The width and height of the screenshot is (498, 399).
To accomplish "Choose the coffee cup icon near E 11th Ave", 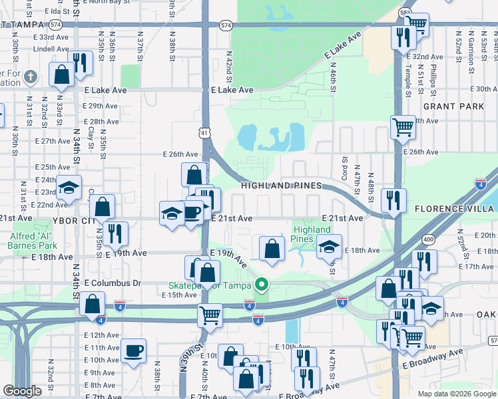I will coord(133,350).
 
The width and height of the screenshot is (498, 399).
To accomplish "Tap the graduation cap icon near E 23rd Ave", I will coord(69,189).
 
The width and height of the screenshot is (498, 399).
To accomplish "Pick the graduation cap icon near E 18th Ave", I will coord(328,246).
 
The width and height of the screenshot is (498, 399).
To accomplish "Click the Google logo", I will coord(22,391).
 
